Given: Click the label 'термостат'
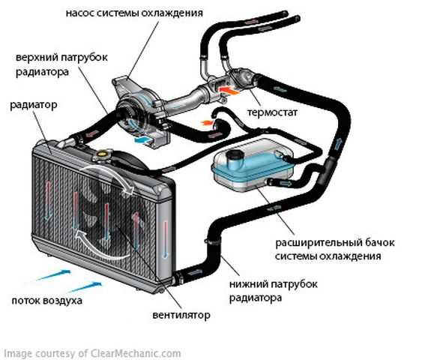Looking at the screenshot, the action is (x=272, y=112).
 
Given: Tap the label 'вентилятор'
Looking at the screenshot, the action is (x=181, y=315).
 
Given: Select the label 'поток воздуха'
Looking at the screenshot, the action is (x=47, y=301).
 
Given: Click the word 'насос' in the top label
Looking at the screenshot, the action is (x=80, y=13).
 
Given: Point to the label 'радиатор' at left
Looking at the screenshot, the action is (x=34, y=105).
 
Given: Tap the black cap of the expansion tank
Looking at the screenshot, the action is (x=234, y=156).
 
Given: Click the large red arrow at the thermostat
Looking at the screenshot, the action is (x=229, y=91).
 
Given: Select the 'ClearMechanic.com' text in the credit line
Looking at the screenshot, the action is (x=136, y=353).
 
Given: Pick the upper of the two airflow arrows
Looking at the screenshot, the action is (x=54, y=274).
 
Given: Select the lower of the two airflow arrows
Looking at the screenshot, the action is (x=85, y=286).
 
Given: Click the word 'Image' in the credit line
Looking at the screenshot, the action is (x=16, y=354).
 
